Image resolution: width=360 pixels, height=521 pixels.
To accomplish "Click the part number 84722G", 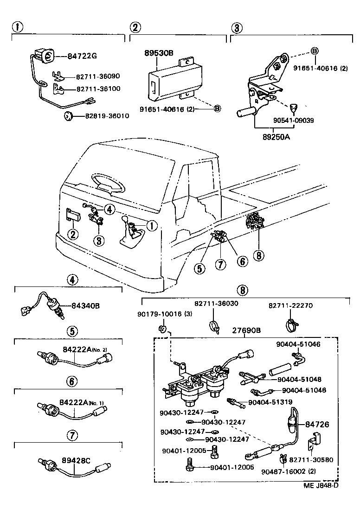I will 82,57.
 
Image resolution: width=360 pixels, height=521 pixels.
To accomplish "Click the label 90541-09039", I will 293,120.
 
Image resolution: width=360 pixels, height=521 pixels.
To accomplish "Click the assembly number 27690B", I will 246,330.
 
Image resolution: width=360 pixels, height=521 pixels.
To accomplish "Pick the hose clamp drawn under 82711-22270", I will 291,321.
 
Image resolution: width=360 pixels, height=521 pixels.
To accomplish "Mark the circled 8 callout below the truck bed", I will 258,256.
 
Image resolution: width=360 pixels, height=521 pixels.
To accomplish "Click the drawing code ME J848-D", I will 321,485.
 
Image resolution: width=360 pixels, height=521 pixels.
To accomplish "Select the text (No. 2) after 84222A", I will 99,349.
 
